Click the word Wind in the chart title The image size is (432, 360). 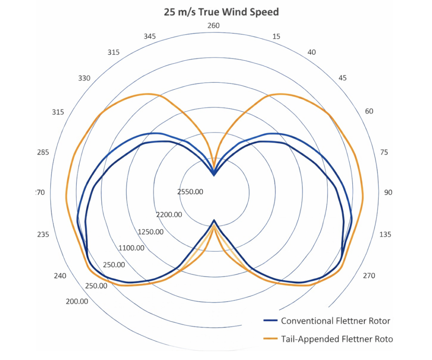235,12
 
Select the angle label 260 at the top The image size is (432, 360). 213,26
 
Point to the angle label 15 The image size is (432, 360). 276,36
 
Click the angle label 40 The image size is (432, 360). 312,52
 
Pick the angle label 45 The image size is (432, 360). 343,78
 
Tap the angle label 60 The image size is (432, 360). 369,111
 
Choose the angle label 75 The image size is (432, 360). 384,152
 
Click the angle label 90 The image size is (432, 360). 388,192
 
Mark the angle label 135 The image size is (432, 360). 385,234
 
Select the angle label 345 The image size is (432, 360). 150,36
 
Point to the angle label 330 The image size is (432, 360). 84,78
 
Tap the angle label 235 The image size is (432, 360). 43,234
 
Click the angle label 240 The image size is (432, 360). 60,276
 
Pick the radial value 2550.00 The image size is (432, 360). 190,192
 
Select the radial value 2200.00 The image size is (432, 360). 169,215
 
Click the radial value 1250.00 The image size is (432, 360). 151,232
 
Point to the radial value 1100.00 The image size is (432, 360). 132,248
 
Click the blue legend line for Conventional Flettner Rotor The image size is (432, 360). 270,321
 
